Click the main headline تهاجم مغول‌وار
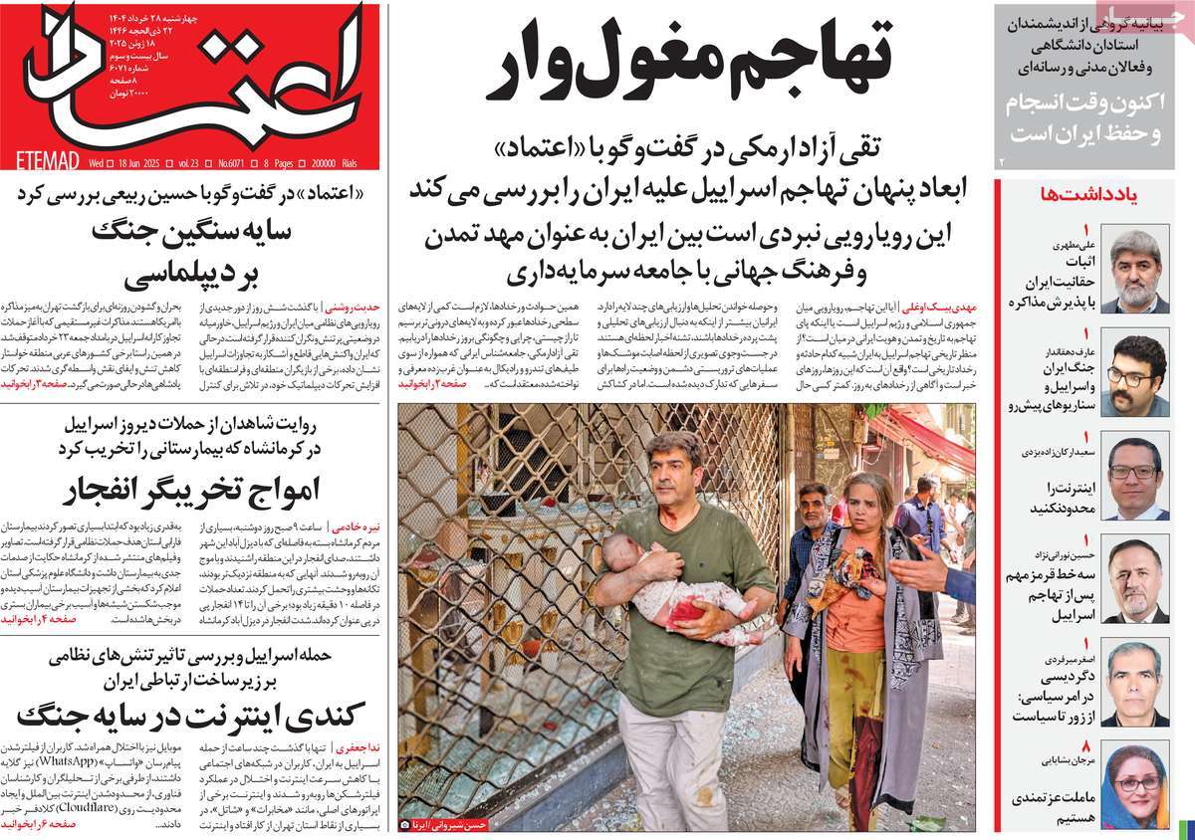point(687,62)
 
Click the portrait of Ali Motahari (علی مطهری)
point(1134,271)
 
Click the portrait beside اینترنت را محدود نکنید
point(1134,477)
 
